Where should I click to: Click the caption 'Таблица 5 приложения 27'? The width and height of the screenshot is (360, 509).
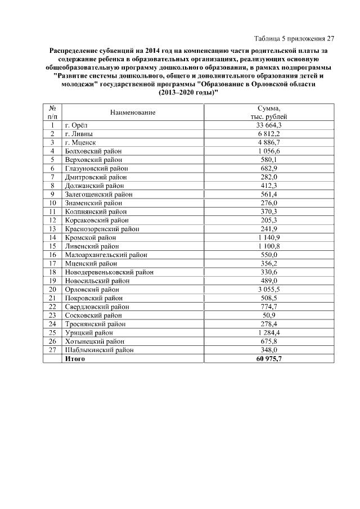(294, 39)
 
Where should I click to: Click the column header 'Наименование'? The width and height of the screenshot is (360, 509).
(133, 112)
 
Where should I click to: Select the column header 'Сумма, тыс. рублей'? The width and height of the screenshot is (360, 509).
(269, 112)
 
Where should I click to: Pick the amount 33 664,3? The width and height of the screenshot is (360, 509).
(269, 125)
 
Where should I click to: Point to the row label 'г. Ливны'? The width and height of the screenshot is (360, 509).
(79, 134)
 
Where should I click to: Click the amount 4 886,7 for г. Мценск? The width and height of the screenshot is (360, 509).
(269, 142)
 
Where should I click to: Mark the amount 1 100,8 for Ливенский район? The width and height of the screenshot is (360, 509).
(269, 246)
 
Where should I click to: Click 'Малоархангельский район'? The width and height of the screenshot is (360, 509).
(106, 255)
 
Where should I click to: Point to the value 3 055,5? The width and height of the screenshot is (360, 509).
(269, 289)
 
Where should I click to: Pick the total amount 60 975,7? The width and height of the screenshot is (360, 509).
(269, 358)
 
